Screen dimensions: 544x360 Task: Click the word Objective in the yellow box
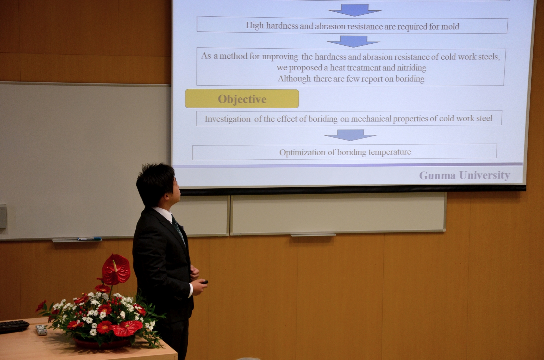(x=242, y=99)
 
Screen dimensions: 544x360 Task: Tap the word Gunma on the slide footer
(x=437, y=175)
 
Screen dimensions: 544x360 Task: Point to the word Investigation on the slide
(x=227, y=119)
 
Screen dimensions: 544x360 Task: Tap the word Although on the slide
(x=294, y=79)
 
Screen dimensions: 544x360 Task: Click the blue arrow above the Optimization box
(x=351, y=135)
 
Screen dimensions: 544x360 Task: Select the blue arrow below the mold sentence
(x=353, y=41)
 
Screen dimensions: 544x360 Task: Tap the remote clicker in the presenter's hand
(x=204, y=282)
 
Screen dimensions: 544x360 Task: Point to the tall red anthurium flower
(x=116, y=269)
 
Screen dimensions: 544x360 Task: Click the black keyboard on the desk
(x=14, y=326)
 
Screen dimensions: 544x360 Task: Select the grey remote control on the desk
(x=41, y=330)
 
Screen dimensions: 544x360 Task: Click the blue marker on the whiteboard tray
(x=89, y=239)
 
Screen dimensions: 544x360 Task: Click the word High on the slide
(x=254, y=25)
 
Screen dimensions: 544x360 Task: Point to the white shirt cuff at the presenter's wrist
(x=191, y=290)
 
